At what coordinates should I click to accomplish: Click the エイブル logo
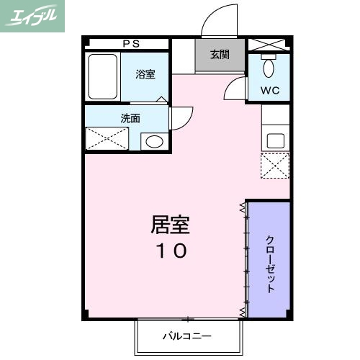pyautogui.click(x=33, y=16)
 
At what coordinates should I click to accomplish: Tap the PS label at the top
pyautogui.click(x=131, y=43)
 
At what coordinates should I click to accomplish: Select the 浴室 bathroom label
pyautogui.click(x=145, y=74)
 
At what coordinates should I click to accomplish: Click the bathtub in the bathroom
pyautogui.click(x=102, y=76)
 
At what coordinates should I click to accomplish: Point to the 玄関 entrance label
pyautogui.click(x=220, y=55)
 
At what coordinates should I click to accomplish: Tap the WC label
pyautogui.click(x=269, y=91)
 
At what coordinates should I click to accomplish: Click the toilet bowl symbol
pyautogui.click(x=269, y=68)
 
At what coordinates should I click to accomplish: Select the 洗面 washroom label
pyautogui.click(x=130, y=118)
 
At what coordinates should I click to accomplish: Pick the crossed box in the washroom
pyautogui.click(x=107, y=139)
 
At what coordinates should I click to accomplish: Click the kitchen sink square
pyautogui.click(x=275, y=139)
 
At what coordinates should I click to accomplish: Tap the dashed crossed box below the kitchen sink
pyautogui.click(x=274, y=164)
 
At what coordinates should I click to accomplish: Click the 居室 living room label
pyautogui.click(x=170, y=225)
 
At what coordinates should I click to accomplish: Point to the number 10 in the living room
pyautogui.click(x=171, y=251)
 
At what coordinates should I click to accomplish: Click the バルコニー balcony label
pyautogui.click(x=186, y=336)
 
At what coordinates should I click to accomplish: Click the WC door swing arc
pyautogui.click(x=235, y=89)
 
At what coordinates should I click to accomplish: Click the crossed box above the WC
pyautogui.click(x=269, y=43)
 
